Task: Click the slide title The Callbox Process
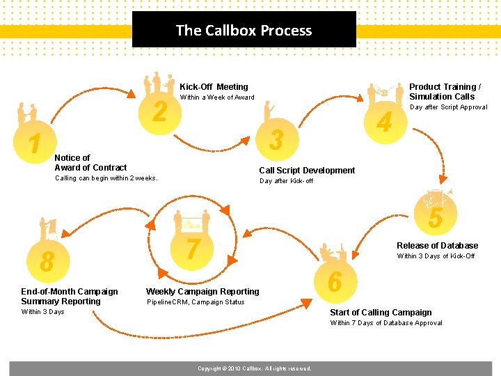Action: pos(244,30)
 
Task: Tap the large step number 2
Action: pos(159,111)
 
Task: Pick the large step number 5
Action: pos(435,218)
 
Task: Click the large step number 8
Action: pos(47,262)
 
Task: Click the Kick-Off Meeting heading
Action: pos(214,87)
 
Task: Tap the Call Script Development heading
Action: pos(307,171)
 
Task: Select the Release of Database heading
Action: pos(437,246)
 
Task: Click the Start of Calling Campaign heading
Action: pos(381,313)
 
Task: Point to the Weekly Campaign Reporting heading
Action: pos(202,292)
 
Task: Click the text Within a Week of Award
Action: pos(217,97)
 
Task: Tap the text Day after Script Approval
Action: pos(448,107)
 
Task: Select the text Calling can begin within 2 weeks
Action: pos(106,178)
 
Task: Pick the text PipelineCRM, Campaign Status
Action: pos(196,302)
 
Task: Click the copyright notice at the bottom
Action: pos(254,368)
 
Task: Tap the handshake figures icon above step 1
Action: pos(27,114)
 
